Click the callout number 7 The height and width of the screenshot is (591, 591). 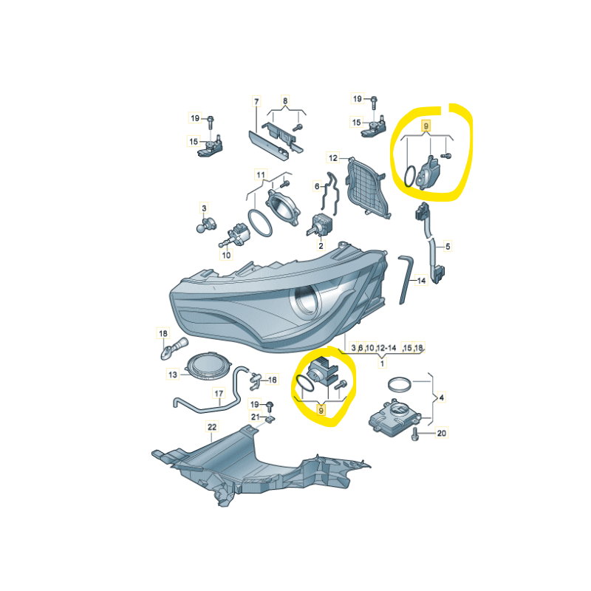[x=256, y=101]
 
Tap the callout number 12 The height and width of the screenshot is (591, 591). [x=333, y=158]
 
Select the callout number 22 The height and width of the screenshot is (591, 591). [x=212, y=427]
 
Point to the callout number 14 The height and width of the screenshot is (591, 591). [x=421, y=281]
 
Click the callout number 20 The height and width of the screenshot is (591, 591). [x=441, y=433]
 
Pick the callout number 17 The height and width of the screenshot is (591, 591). [x=219, y=394]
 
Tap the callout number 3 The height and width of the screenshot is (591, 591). [x=204, y=208]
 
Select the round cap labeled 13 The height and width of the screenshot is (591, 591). [x=210, y=367]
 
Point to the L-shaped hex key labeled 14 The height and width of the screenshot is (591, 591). [x=405, y=279]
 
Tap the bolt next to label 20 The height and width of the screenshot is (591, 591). [x=415, y=434]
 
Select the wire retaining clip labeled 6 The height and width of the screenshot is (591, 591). [x=329, y=194]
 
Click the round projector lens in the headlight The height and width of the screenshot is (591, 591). [x=304, y=301]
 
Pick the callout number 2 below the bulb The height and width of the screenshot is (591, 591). [x=321, y=246]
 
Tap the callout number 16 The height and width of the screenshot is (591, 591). [x=272, y=380]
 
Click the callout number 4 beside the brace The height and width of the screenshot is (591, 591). [x=441, y=397]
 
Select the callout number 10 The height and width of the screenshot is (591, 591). [x=226, y=255]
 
